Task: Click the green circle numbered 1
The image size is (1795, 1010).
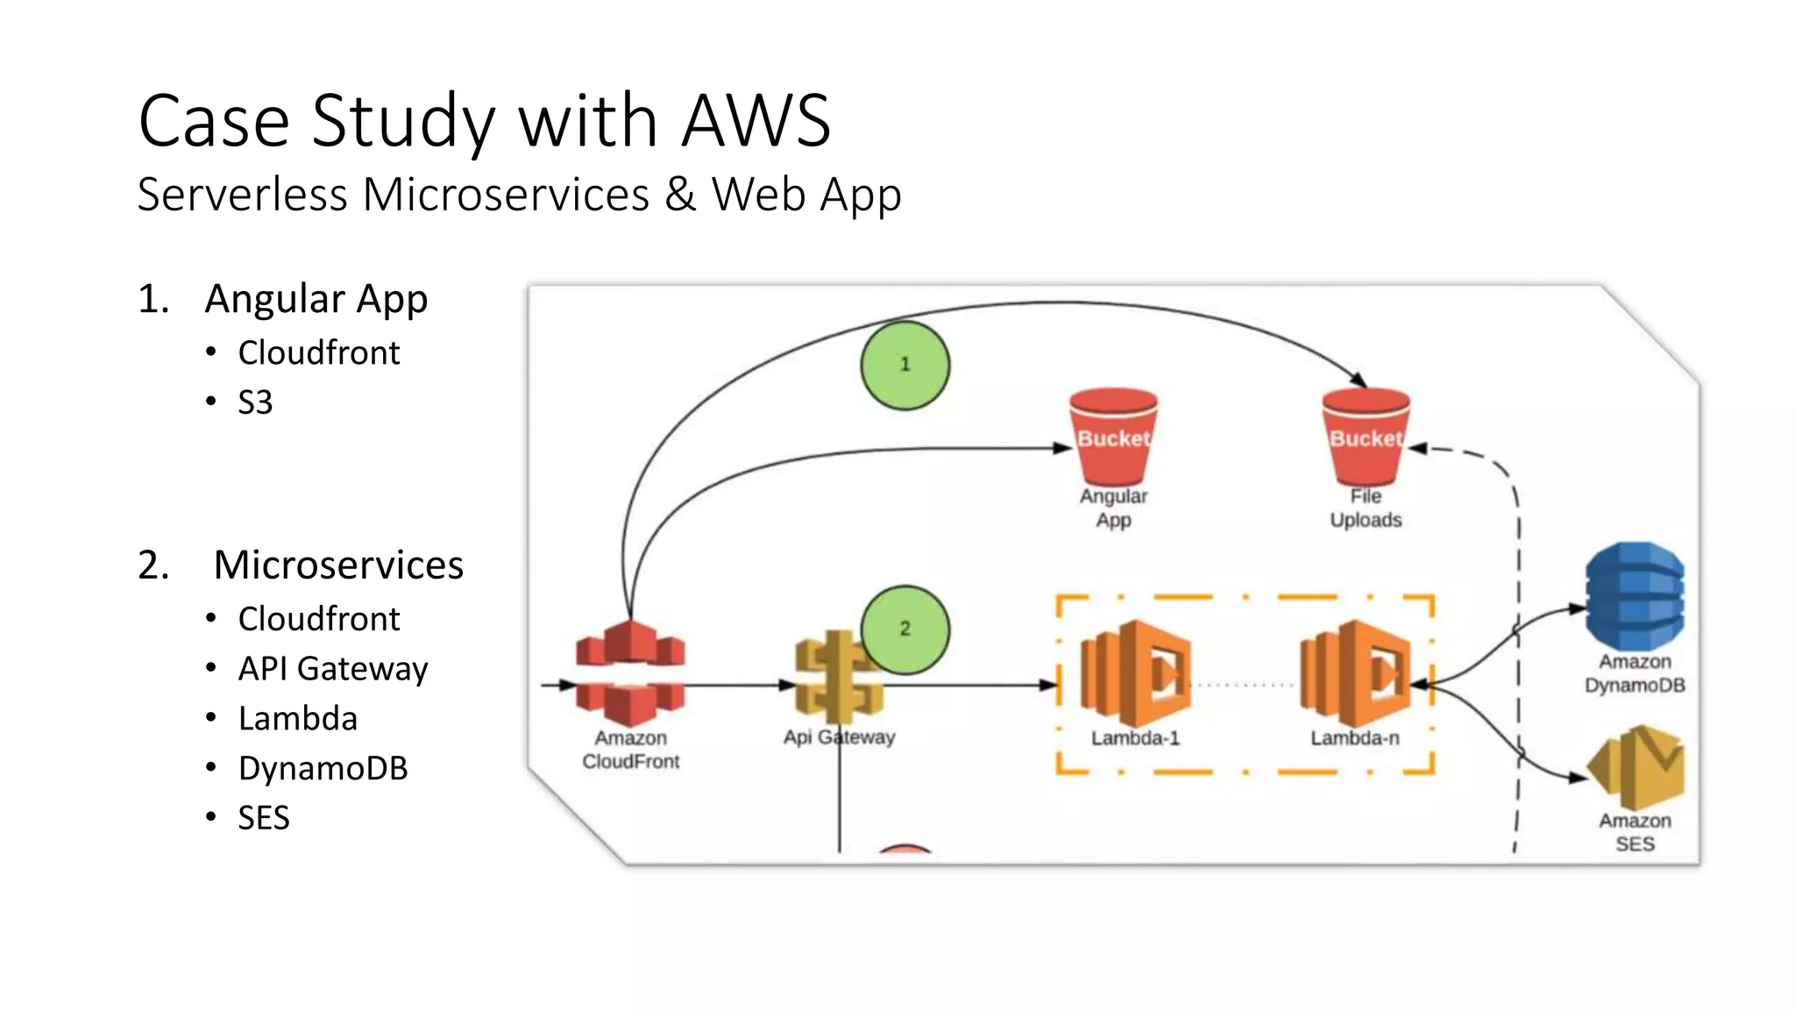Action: click(x=905, y=365)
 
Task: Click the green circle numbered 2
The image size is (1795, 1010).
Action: click(x=905, y=629)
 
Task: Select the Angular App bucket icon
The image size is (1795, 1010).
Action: click(x=1113, y=436)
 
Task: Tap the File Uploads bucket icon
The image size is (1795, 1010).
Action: click(x=1366, y=436)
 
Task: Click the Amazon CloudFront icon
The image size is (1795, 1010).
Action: click(x=630, y=673)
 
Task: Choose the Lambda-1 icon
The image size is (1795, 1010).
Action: click(x=1135, y=673)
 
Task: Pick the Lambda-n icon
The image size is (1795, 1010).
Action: click(x=1355, y=673)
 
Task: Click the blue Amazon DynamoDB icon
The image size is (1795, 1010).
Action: click(x=1635, y=596)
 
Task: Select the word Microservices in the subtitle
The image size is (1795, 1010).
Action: click(x=506, y=194)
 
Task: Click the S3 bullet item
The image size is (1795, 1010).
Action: click(x=255, y=402)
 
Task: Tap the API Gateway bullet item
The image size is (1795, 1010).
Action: click(x=332, y=669)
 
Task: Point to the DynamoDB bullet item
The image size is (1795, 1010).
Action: click(x=323, y=768)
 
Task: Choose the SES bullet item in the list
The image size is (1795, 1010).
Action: click(x=263, y=818)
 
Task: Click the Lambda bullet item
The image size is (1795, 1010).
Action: click(x=297, y=719)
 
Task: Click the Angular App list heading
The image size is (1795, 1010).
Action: click(x=316, y=299)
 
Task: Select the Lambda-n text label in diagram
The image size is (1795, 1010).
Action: click(x=1355, y=738)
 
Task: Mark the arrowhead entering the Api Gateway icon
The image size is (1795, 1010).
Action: click(x=788, y=685)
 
